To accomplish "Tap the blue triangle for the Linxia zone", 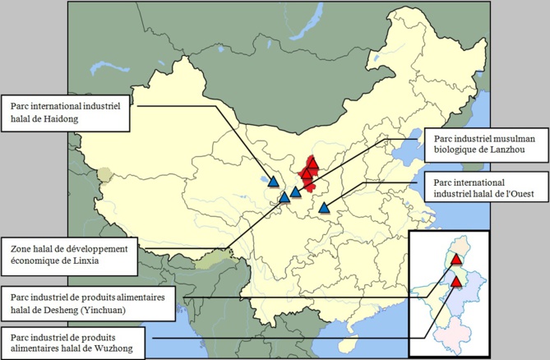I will point(284,197).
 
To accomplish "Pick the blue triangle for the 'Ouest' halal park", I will point(324,208).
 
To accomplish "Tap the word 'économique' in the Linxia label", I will point(31,262).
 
